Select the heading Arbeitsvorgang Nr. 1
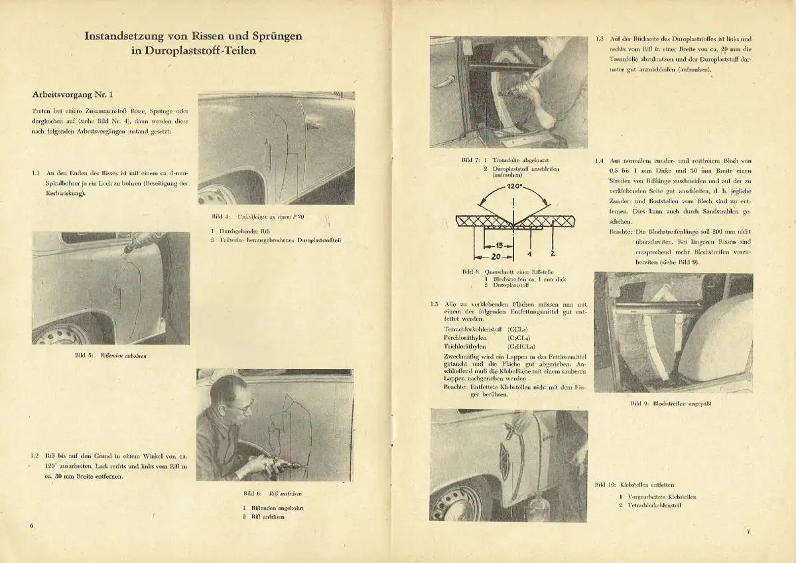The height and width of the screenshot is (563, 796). click(77, 95)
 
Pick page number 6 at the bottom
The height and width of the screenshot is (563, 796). click(32, 525)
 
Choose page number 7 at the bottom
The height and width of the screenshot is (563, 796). click(747, 531)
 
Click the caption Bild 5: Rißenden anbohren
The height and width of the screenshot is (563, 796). click(110, 356)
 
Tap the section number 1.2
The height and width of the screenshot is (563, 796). click(34, 456)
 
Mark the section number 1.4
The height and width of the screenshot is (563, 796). click(600, 161)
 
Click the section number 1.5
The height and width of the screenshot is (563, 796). click(434, 305)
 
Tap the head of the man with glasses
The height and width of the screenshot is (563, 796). click(230, 396)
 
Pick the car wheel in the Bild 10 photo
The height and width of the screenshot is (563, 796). click(457, 502)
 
